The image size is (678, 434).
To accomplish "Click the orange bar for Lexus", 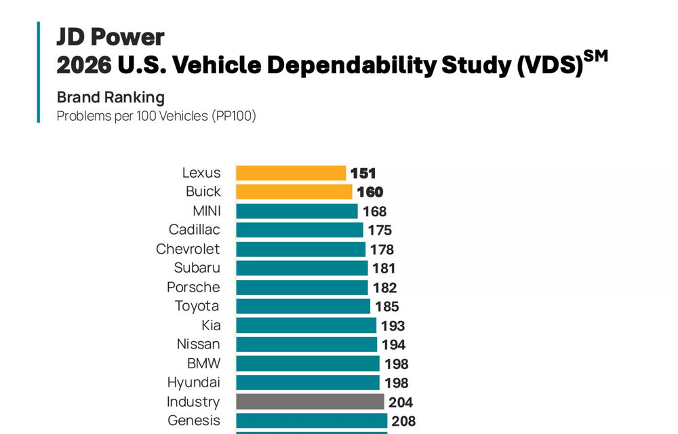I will [x=291, y=173].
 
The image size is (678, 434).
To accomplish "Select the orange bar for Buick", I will [x=294, y=192].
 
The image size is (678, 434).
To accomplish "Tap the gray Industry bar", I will [x=310, y=401].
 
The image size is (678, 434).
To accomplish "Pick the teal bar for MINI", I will [x=296, y=211].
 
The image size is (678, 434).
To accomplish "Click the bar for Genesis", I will [x=311, y=420].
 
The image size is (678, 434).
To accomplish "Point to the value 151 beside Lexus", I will [x=363, y=174].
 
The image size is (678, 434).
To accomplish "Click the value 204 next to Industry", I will [x=401, y=402].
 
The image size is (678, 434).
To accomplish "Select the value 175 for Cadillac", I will [x=380, y=231].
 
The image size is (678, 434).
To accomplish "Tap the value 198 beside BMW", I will [x=396, y=364].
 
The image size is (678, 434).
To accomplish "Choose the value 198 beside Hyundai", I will [x=396, y=383].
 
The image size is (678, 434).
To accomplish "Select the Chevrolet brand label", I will [x=188, y=249].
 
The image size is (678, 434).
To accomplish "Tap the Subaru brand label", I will [x=197, y=268].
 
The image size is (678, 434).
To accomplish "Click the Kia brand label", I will [x=210, y=325].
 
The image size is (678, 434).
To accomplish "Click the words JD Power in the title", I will [x=110, y=37].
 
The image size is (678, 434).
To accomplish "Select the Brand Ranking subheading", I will [x=111, y=97].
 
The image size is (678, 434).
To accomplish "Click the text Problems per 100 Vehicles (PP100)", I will [x=156, y=116].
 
